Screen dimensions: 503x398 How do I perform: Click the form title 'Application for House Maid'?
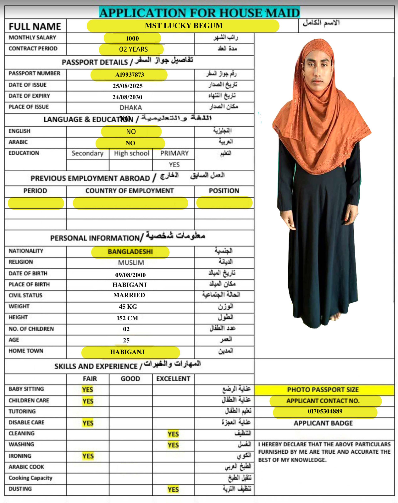(x=199, y=13)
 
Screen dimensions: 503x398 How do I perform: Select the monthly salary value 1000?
(x=132, y=38)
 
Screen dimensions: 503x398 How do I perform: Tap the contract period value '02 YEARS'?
(x=133, y=49)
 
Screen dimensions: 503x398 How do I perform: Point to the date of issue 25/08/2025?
(x=128, y=86)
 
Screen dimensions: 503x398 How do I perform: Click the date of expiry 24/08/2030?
(x=127, y=97)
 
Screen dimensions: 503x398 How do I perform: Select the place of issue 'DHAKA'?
(x=131, y=108)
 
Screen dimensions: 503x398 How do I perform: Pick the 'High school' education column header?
(x=131, y=153)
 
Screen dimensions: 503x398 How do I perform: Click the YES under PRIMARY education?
(x=174, y=165)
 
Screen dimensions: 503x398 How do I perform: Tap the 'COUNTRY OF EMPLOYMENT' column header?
(x=130, y=191)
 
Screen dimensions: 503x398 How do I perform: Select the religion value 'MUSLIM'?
(x=131, y=263)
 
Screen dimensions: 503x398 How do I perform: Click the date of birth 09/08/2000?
(x=130, y=275)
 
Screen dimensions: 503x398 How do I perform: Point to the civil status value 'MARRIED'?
(x=129, y=295)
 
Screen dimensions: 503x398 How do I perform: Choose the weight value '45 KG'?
(x=128, y=307)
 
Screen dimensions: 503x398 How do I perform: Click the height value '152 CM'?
(x=127, y=318)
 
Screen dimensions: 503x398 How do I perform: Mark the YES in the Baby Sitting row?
(x=87, y=390)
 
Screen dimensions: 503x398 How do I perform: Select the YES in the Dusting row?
(x=173, y=489)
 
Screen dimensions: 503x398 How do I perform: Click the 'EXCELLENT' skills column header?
(x=173, y=379)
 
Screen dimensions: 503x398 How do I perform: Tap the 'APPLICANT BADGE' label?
(x=323, y=423)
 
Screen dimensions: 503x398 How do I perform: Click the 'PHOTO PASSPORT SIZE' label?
(x=323, y=390)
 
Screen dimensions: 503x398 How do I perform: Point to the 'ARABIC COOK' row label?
(x=26, y=467)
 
